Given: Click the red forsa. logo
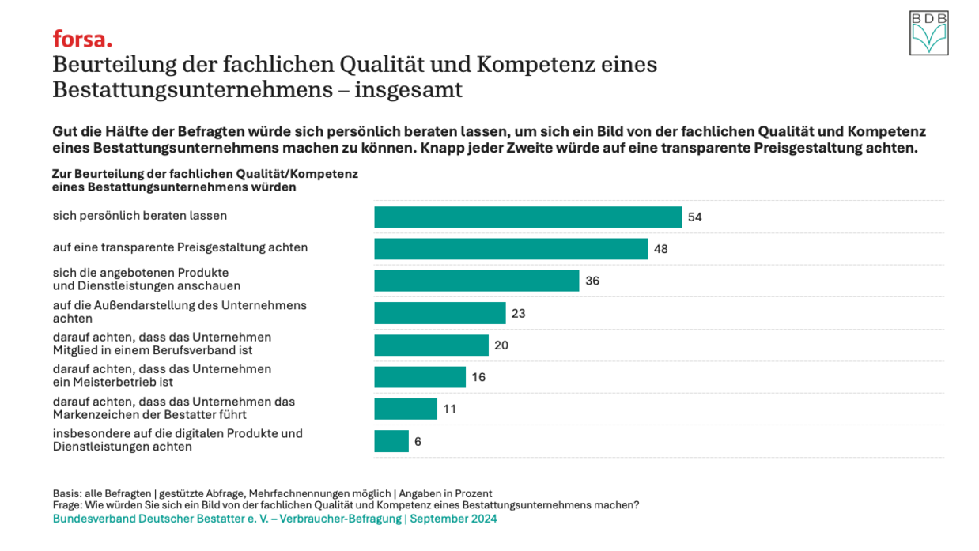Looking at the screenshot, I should click(x=82, y=39).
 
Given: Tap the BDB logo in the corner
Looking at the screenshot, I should click(x=928, y=33).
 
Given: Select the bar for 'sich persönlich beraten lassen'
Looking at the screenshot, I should click(x=527, y=217).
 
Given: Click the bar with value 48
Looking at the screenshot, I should click(x=511, y=249).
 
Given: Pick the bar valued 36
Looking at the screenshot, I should click(x=476, y=281).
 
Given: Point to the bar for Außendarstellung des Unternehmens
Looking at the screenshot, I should click(x=440, y=313).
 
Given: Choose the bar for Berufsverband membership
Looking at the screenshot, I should click(x=431, y=345).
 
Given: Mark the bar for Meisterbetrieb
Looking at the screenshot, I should click(x=420, y=377).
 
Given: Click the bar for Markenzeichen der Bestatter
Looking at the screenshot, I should click(x=406, y=409).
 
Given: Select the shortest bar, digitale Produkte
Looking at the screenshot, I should click(x=391, y=441).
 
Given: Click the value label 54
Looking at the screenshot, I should click(x=695, y=217).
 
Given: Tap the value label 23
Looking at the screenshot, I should click(x=519, y=313).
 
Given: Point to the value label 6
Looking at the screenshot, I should click(x=418, y=441).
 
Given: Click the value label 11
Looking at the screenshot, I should click(x=450, y=409).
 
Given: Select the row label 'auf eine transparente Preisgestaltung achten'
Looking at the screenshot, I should click(x=180, y=247).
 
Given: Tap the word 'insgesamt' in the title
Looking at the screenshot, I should click(x=408, y=90).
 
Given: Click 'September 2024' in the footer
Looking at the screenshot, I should click(x=454, y=519).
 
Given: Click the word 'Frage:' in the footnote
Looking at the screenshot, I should click(x=68, y=505).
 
